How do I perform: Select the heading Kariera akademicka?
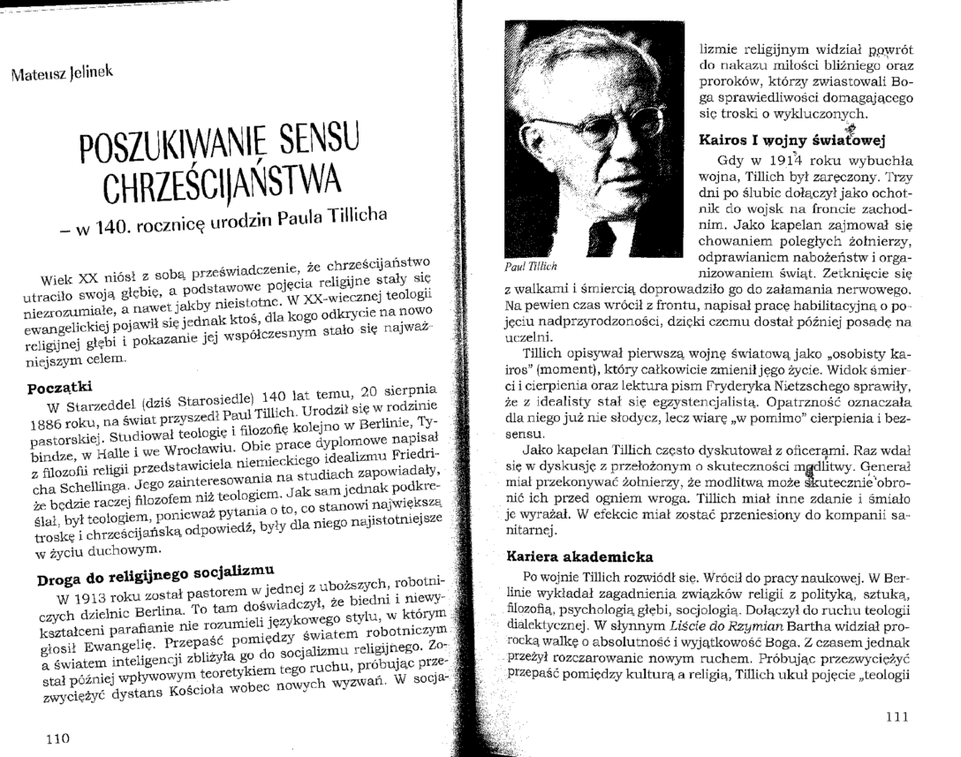[x=580, y=556]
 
